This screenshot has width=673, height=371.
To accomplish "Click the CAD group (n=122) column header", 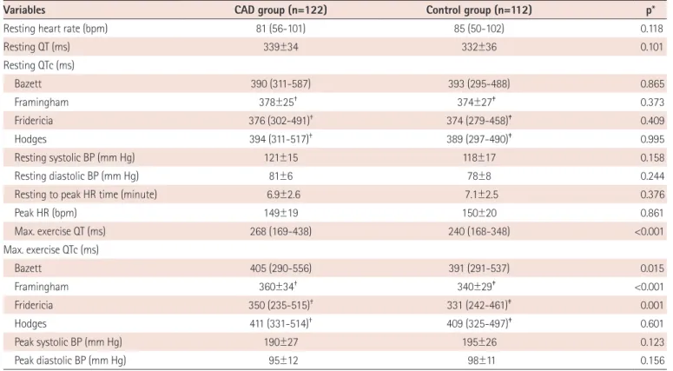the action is coord(280,10).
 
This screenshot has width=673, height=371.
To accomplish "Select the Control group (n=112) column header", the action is coord(479,10).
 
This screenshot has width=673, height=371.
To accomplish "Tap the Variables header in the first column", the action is coord(24,10).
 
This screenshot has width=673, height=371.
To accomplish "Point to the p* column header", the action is coord(650,10).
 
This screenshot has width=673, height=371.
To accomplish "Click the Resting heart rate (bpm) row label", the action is coord(56,29).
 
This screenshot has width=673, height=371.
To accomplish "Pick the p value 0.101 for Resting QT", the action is coord(652,47).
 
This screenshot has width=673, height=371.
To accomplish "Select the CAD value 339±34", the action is coord(280,47).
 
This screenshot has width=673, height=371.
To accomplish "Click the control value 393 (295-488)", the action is coord(479,83).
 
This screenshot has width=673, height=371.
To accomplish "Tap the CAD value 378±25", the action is coord(278,103).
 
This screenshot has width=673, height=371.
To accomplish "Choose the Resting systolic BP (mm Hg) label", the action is coord(75,157).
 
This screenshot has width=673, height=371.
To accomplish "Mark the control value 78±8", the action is coord(479,176).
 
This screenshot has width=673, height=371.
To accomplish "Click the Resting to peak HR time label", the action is coord(86,195).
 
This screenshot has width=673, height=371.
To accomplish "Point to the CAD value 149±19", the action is coord(280,213).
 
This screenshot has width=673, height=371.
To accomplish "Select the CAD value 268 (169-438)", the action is coord(280,231).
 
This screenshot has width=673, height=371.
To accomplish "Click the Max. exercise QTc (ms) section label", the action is coord(51,250).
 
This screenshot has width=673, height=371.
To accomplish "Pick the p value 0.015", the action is coord(652,268).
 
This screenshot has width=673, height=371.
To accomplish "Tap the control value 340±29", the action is coord(477,287).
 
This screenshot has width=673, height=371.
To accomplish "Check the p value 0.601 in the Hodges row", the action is coord(652,324).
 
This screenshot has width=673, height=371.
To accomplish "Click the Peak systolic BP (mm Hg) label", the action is coord(69,342).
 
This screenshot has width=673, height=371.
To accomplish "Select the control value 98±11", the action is coord(479,361).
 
